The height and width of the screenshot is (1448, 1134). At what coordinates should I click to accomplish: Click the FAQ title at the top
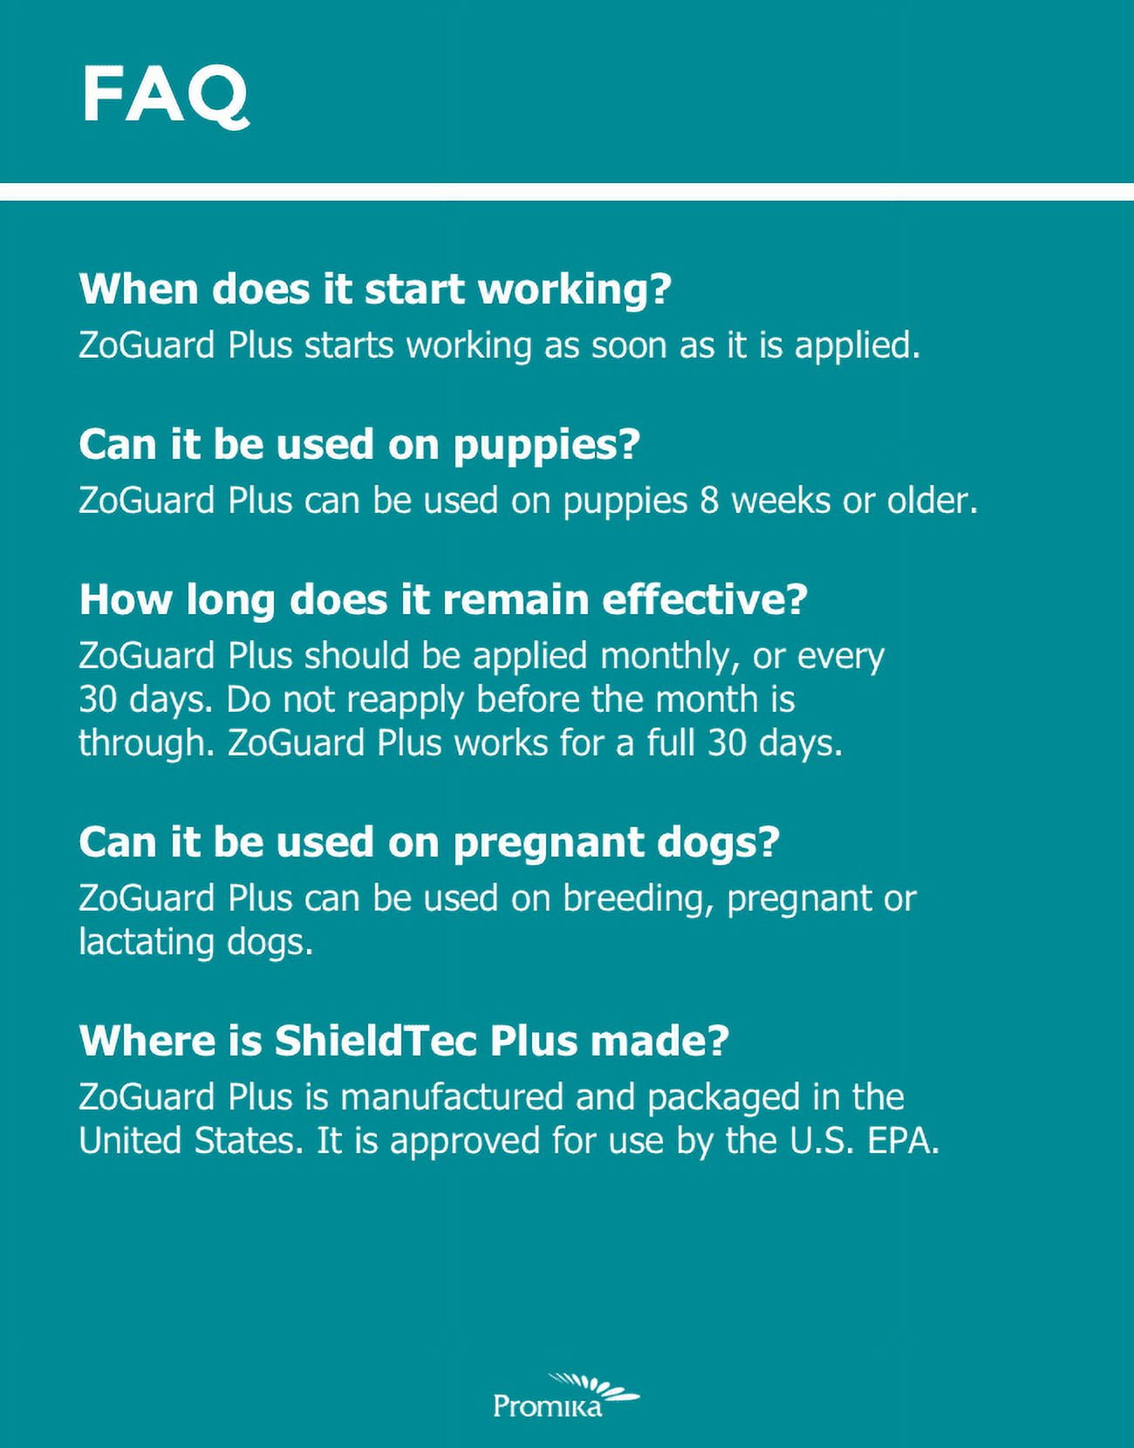coord(165,96)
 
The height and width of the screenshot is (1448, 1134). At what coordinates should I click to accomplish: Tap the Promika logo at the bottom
coord(565,1395)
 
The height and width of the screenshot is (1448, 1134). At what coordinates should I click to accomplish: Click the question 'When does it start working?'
coord(375,290)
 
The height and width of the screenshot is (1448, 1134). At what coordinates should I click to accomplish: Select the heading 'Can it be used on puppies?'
coord(359,445)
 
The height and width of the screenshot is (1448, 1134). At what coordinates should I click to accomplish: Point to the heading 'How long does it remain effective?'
coord(443,600)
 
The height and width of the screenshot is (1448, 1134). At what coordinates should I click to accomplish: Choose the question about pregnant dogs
coord(429,842)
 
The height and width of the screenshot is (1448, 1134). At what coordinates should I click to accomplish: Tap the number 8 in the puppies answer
coord(709,501)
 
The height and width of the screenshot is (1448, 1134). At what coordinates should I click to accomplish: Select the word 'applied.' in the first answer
coord(857,346)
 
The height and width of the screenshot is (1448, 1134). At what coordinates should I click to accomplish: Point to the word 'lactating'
coord(147,942)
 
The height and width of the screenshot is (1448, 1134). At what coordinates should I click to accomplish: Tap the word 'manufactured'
coord(453,1096)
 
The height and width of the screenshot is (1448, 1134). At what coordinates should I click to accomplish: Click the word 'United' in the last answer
coord(130,1141)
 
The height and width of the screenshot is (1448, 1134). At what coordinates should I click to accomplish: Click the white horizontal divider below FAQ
coord(567,192)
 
